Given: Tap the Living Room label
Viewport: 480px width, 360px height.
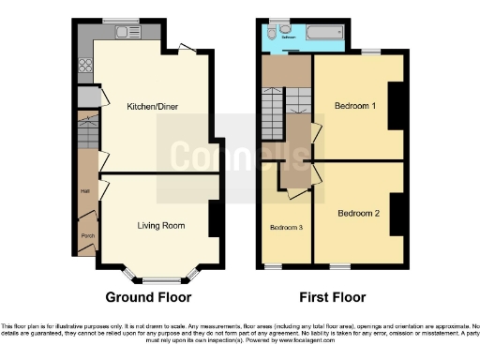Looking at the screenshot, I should (160, 226).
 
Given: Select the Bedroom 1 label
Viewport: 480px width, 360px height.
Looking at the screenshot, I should (355, 106).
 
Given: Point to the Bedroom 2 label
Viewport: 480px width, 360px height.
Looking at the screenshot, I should (358, 213).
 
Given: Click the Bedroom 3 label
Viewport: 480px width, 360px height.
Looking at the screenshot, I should (286, 228).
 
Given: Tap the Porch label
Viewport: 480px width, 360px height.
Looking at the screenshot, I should (87, 235).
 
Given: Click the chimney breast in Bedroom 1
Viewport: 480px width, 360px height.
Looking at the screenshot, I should (396, 105).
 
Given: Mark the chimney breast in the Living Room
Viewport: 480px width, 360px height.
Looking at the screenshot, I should (216, 219).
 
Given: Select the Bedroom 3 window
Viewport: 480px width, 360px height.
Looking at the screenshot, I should (273, 266).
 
